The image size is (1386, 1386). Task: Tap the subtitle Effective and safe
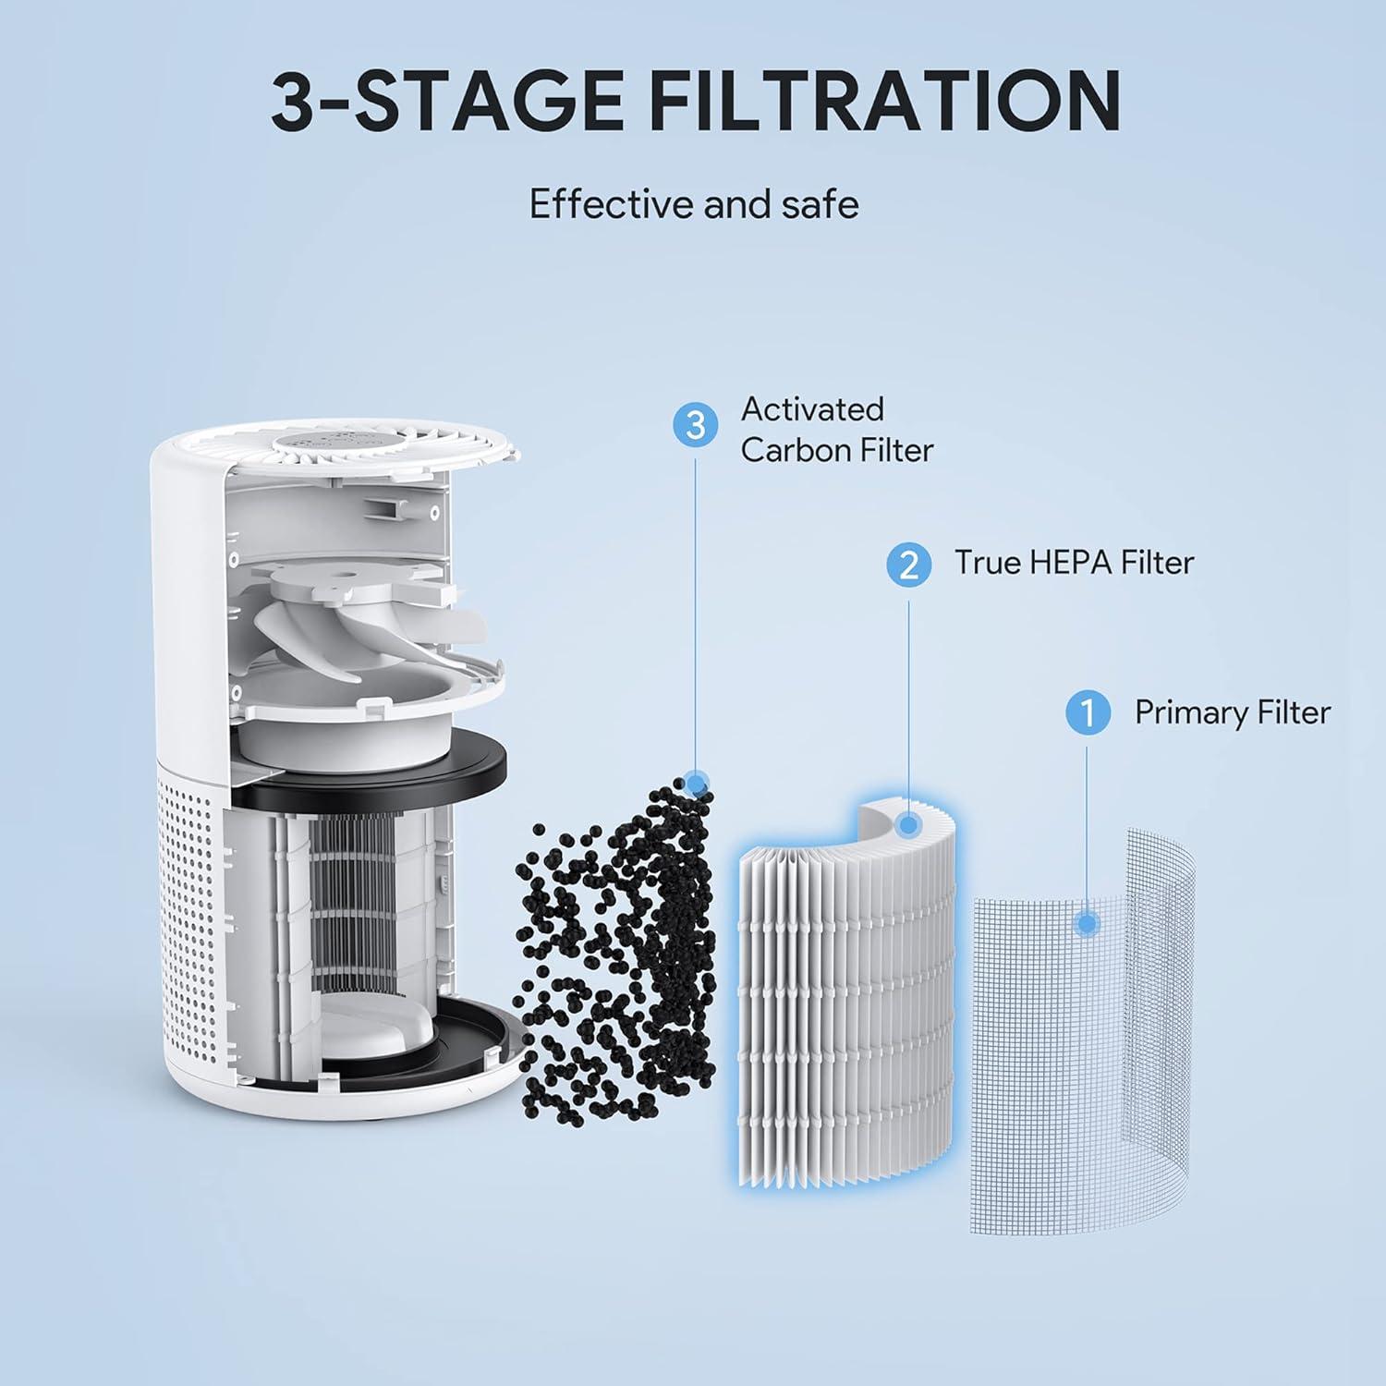click(x=693, y=204)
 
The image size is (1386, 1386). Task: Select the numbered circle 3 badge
click(x=696, y=425)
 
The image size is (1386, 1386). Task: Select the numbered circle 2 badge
click(x=908, y=564)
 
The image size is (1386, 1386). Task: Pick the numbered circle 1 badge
click(x=1088, y=713)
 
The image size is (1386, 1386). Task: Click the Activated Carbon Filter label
click(x=836, y=430)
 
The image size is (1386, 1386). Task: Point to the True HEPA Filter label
click(x=1074, y=563)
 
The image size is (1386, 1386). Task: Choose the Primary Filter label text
click(x=1232, y=712)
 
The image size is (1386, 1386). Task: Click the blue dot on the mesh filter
click(x=1088, y=923)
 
